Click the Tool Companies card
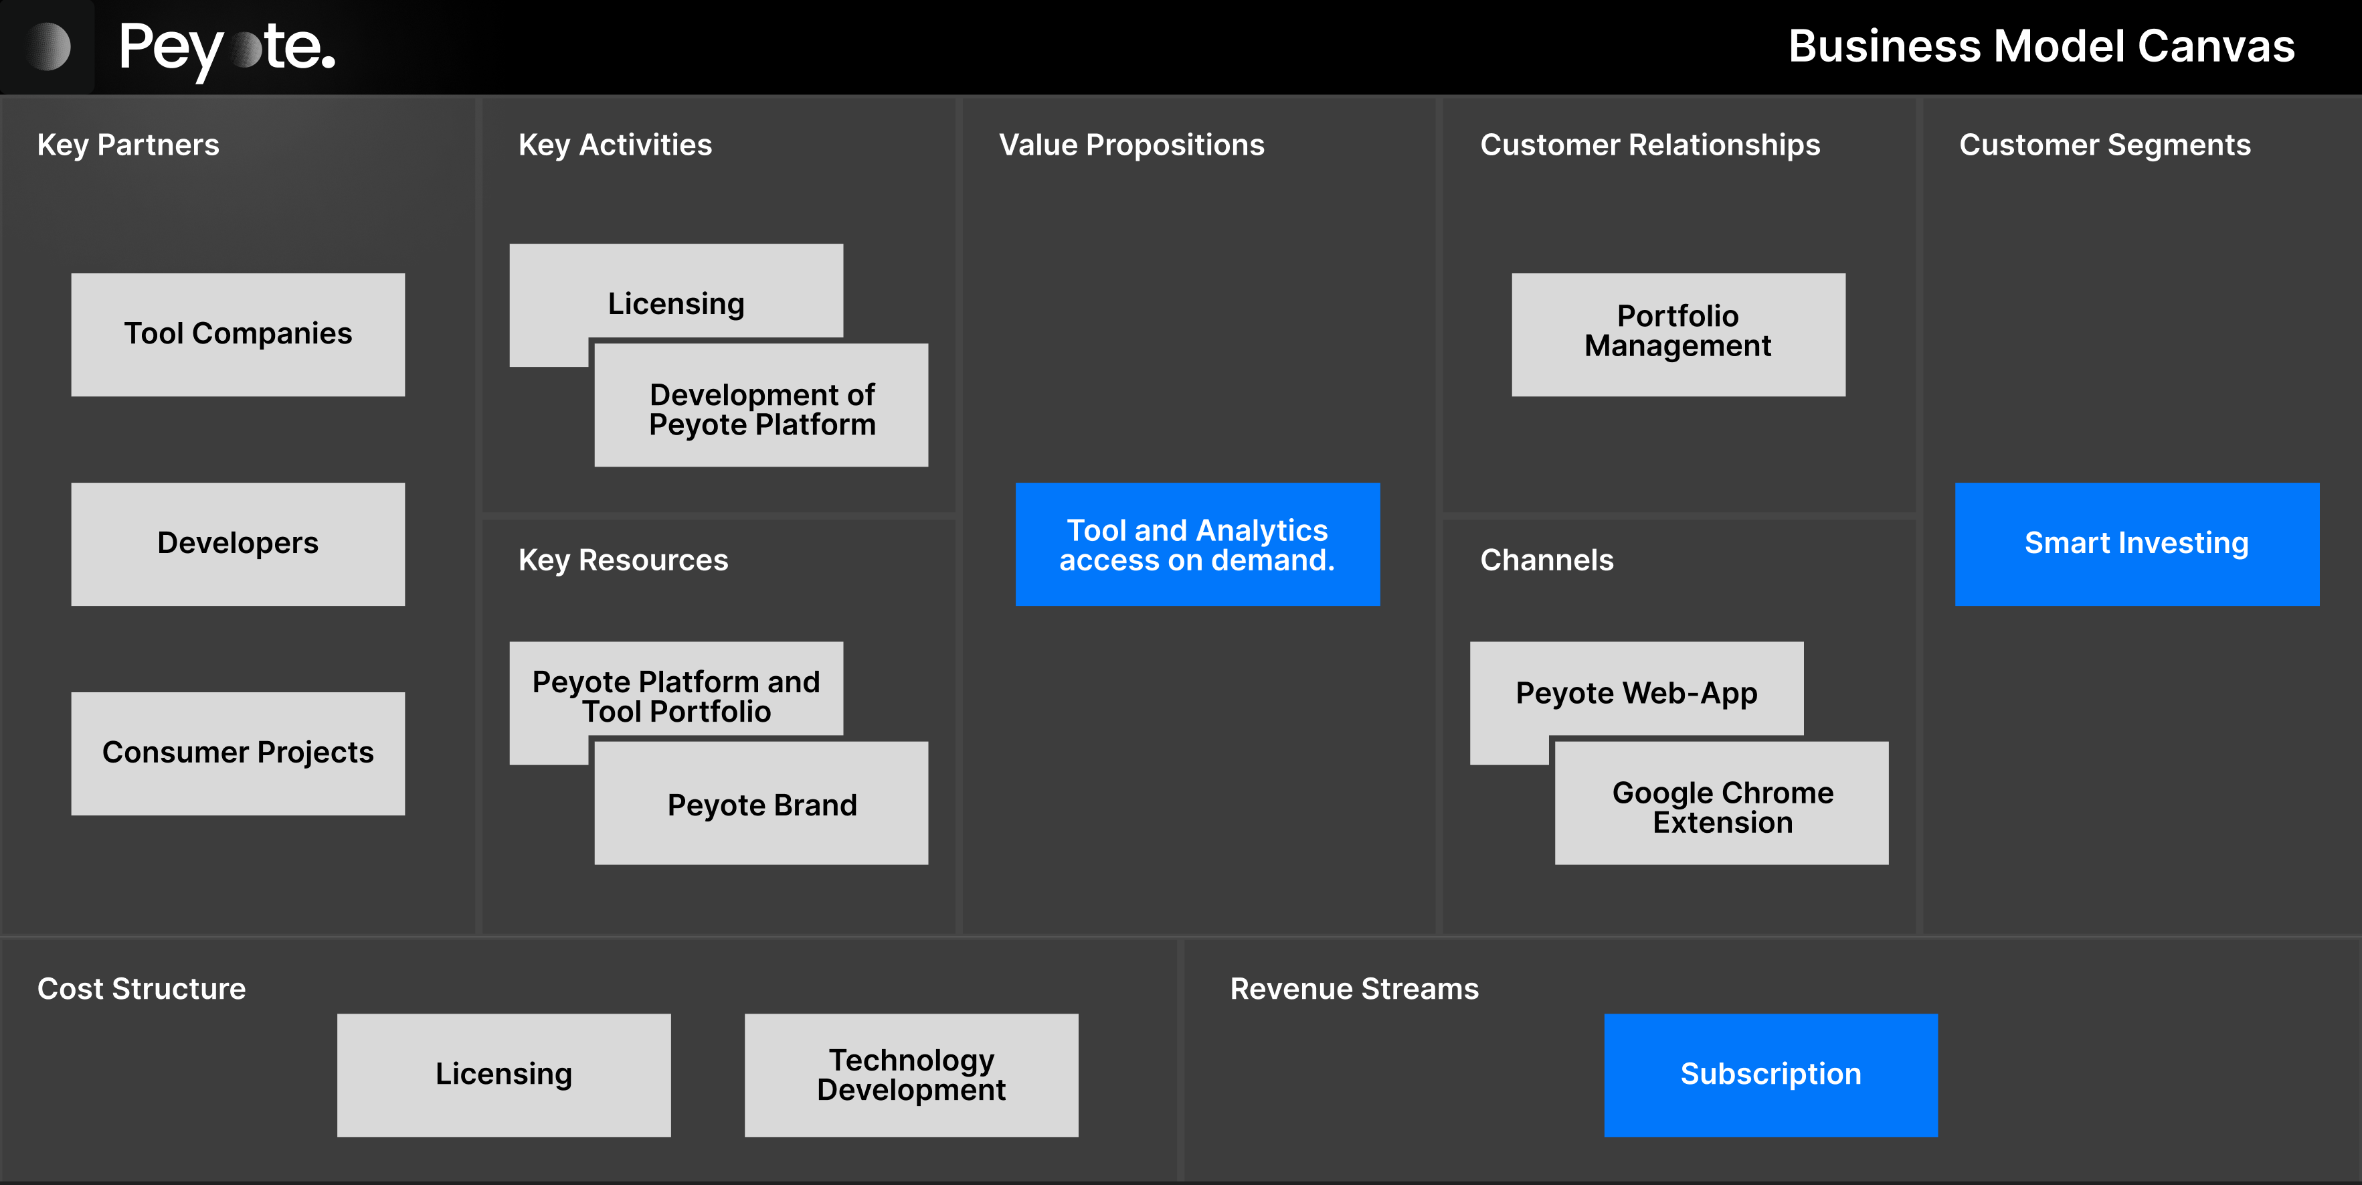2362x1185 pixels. [238, 334]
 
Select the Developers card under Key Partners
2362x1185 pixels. [238, 543]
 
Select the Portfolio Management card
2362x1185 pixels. [1678, 334]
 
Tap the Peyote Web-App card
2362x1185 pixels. [1636, 692]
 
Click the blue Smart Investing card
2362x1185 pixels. [2137, 543]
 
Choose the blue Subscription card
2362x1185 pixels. [1770, 1074]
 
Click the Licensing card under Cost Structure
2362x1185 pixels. [503, 1074]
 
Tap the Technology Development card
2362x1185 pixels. [911, 1074]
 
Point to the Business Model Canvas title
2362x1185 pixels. [2041, 46]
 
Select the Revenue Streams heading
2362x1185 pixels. [1354, 989]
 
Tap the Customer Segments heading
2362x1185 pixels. [2104, 145]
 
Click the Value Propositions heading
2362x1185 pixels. [1131, 145]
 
